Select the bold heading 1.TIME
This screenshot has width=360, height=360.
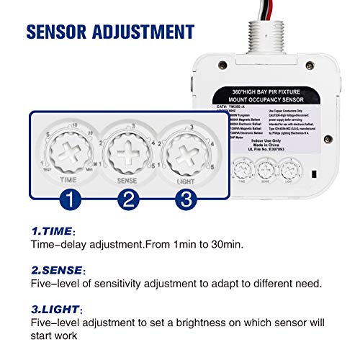51,232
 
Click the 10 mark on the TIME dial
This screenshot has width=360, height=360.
73,125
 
